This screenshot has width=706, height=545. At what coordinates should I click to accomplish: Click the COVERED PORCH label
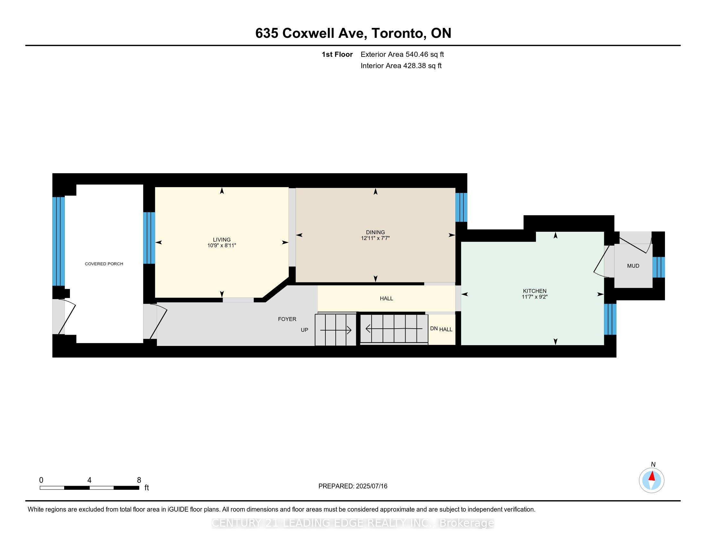coord(104,264)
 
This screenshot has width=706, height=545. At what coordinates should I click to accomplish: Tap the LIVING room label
coord(222,239)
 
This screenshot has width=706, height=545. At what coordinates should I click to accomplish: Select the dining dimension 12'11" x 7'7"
coord(375,238)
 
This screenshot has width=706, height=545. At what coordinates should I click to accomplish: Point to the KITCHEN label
coord(535,291)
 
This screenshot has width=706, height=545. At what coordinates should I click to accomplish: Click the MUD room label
coord(633,266)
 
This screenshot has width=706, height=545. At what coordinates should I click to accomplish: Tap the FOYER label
coord(287,319)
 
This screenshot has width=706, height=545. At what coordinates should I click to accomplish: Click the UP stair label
coord(305,330)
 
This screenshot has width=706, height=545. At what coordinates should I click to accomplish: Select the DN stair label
coord(434,329)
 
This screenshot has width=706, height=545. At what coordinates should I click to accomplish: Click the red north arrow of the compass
coord(652,476)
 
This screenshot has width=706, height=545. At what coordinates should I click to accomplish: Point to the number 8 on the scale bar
coord(139,480)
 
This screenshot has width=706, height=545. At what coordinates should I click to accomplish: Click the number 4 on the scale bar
coord(89,480)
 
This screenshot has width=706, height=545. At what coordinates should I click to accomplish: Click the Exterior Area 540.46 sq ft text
coord(402,54)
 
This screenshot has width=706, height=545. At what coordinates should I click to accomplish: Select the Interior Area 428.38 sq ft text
coord(401,65)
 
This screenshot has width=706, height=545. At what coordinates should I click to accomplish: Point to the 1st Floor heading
coord(337,54)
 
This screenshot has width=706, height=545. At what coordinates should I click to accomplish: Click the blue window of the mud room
coord(659,267)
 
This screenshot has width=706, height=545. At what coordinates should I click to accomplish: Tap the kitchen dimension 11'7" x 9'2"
coord(535,297)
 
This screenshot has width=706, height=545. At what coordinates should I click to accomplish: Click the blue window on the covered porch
coord(58,241)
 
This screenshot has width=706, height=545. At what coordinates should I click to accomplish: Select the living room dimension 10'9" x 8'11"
coord(222,245)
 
